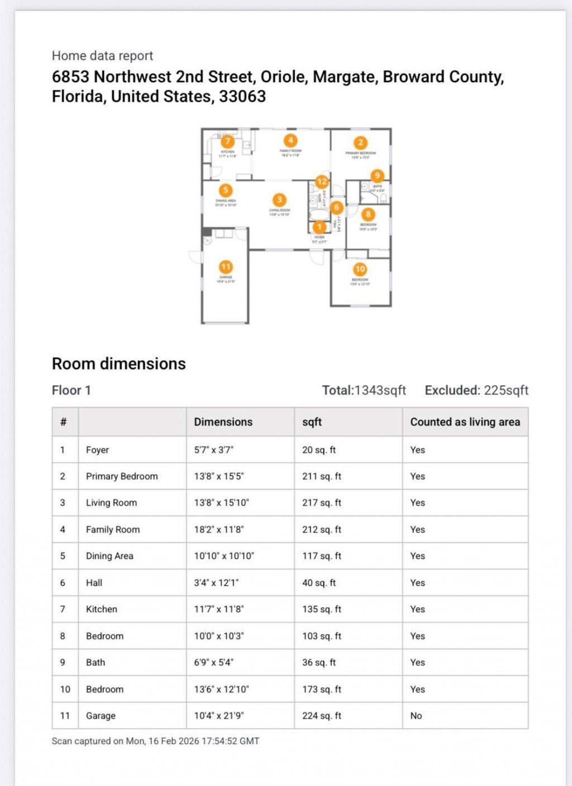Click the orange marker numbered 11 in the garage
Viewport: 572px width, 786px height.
tap(226, 267)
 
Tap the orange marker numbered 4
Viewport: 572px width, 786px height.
tap(290, 140)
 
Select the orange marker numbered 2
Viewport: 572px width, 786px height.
tap(360, 143)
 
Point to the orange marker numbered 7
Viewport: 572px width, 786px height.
tap(227, 141)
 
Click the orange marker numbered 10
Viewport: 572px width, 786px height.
tap(360, 269)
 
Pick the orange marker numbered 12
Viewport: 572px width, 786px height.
tap(322, 181)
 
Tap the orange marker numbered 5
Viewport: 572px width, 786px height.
tap(225, 190)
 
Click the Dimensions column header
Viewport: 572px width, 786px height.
tap(223, 422)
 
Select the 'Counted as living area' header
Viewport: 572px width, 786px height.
tap(465, 422)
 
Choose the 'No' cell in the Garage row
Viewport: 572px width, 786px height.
tap(416, 716)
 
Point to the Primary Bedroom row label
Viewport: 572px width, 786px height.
tap(122, 476)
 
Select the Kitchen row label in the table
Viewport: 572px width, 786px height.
tap(102, 609)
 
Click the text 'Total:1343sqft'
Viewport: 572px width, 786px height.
tap(364, 390)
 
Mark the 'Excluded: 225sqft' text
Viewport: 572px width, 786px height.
tap(476, 390)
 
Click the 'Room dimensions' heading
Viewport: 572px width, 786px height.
tap(118, 364)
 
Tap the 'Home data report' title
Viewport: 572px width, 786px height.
tap(102, 56)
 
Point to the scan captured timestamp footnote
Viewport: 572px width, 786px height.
tap(155, 741)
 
